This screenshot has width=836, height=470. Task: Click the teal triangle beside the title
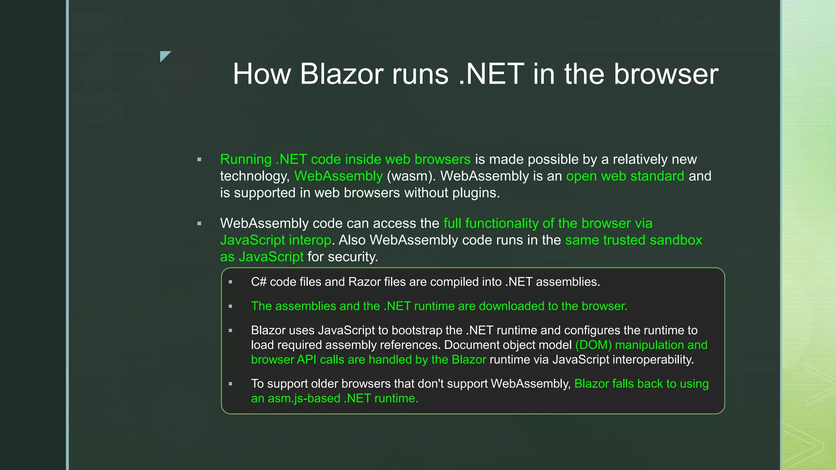(165, 56)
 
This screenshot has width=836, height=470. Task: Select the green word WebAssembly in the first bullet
(338, 176)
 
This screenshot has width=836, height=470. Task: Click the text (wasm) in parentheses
(411, 176)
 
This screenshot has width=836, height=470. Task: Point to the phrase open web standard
(625, 176)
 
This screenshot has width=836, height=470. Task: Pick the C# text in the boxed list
(258, 282)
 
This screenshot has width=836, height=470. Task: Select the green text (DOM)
(593, 345)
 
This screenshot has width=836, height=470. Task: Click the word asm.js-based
(303, 398)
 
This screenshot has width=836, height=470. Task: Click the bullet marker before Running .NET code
(199, 160)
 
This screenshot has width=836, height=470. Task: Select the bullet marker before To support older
(231, 384)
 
